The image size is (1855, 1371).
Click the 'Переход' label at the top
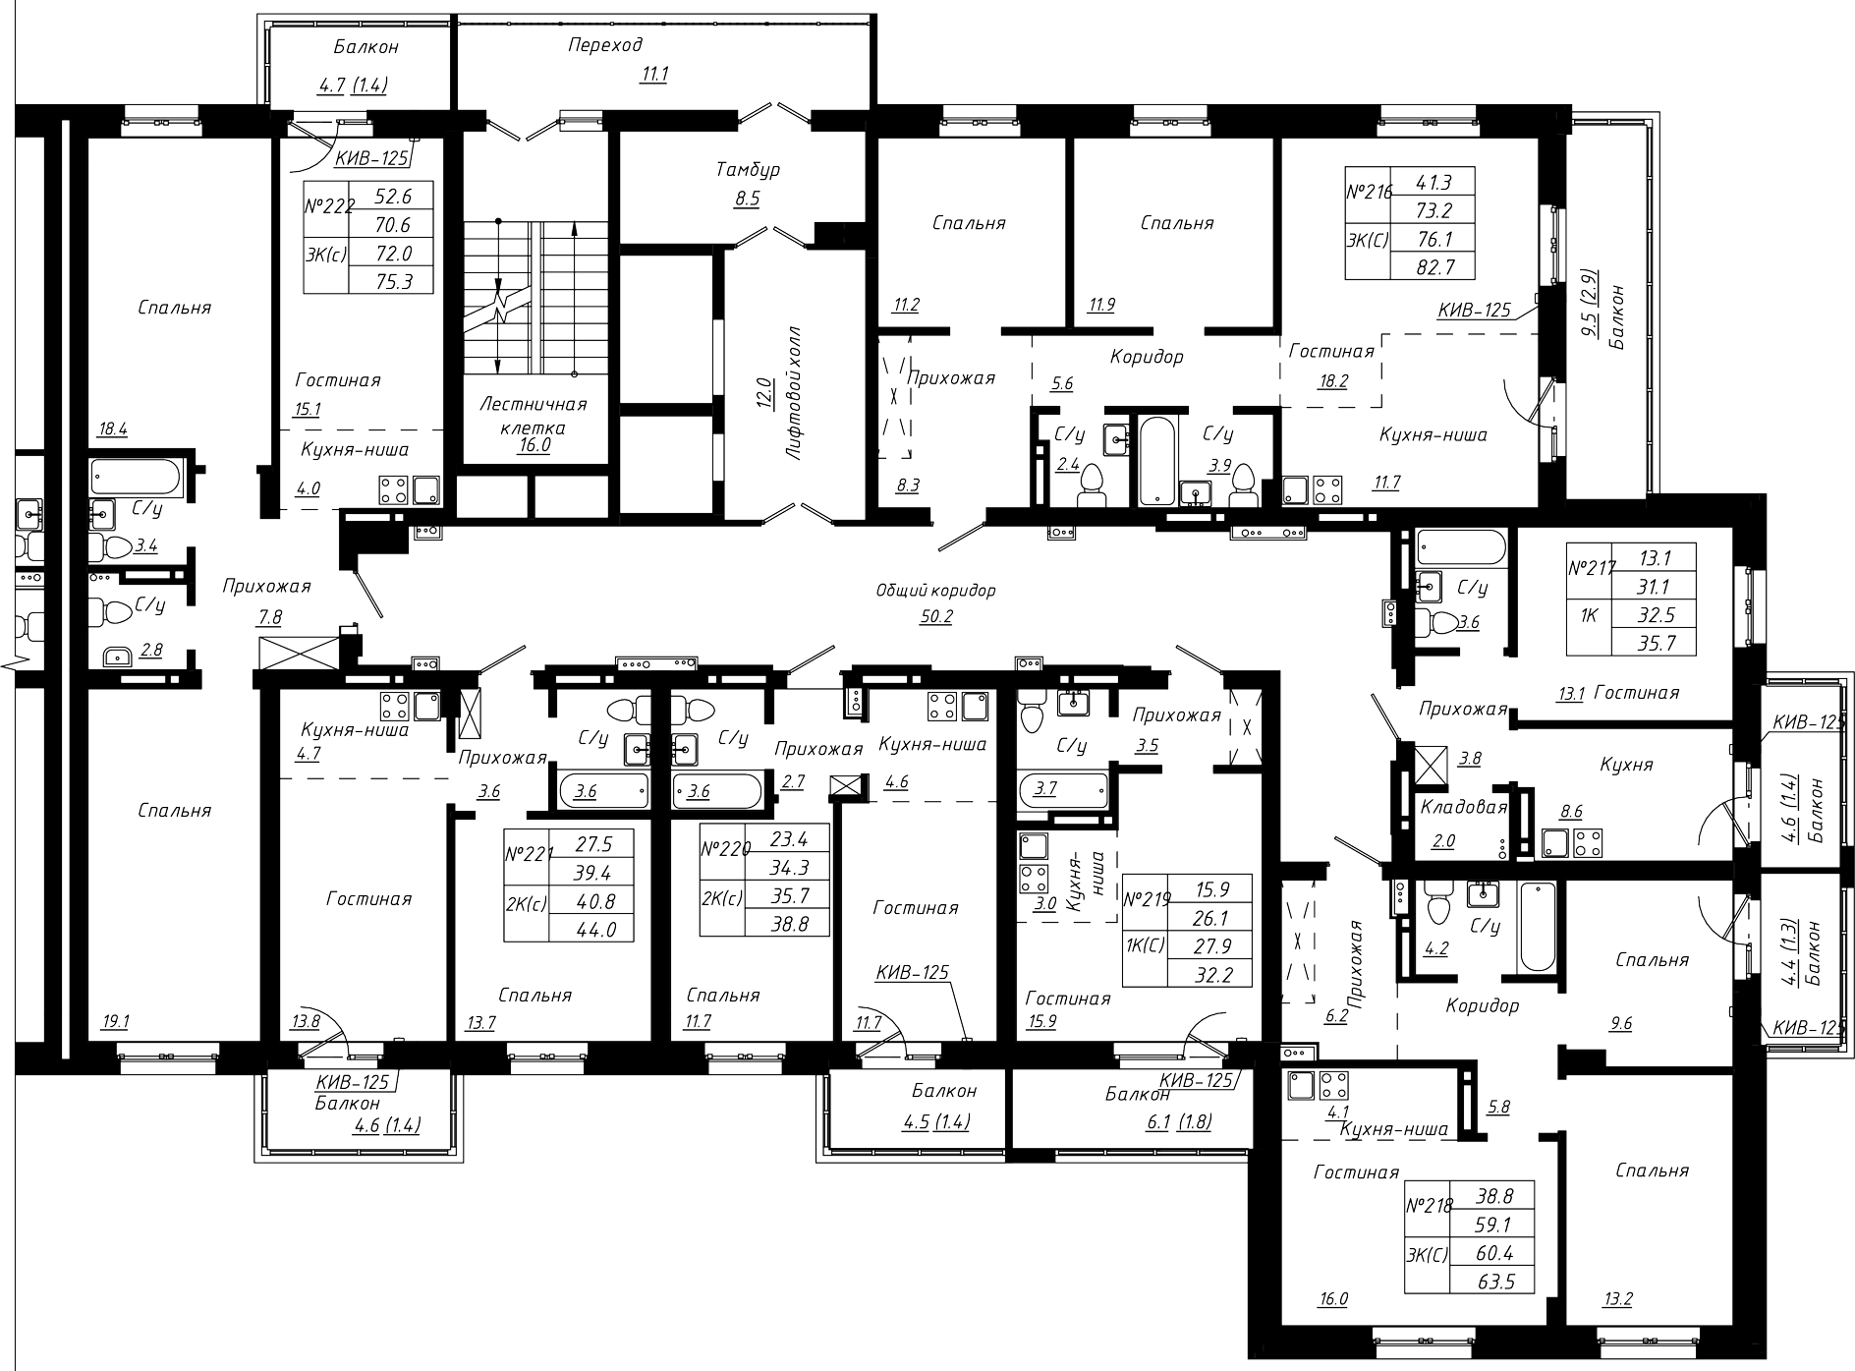[605, 45]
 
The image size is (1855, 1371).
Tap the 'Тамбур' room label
[747, 170]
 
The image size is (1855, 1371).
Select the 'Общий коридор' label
[935, 591]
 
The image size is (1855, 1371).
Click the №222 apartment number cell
[328, 207]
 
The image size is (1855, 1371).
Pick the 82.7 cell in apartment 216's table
[1434, 265]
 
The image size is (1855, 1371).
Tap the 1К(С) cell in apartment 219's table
[1145, 945]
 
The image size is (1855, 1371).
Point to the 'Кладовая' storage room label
[1463, 808]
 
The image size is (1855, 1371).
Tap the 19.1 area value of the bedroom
[115, 1021]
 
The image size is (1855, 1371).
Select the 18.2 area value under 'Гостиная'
[1332, 381]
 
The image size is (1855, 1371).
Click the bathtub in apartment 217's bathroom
[1462, 547]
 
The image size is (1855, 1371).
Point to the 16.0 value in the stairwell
[534, 445]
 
